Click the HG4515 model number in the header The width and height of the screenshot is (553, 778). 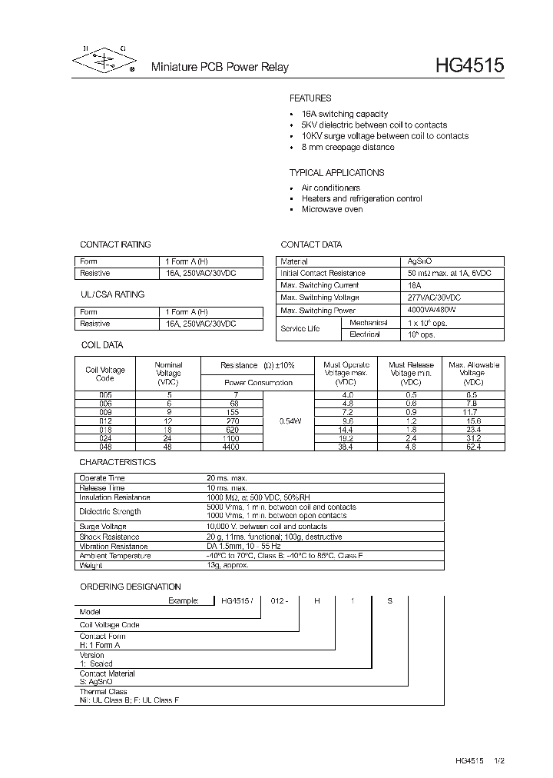tap(469, 66)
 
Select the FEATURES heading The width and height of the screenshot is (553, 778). tap(310, 98)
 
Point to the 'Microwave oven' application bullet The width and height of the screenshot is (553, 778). tap(332, 209)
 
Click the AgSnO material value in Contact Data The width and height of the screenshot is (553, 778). tap(419, 261)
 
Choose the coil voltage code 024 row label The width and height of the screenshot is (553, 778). tap(105, 438)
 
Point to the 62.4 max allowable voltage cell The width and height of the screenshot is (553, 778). tap(473, 447)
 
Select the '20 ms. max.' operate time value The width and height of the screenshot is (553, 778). tap(226, 478)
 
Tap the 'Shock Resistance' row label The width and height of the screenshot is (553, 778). tap(110, 537)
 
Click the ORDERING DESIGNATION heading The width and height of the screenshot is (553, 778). tap(131, 587)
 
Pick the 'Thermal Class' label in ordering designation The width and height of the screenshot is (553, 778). tap(104, 692)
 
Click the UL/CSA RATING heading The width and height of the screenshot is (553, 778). tap(112, 294)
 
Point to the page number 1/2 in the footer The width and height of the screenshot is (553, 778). tap(498, 760)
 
